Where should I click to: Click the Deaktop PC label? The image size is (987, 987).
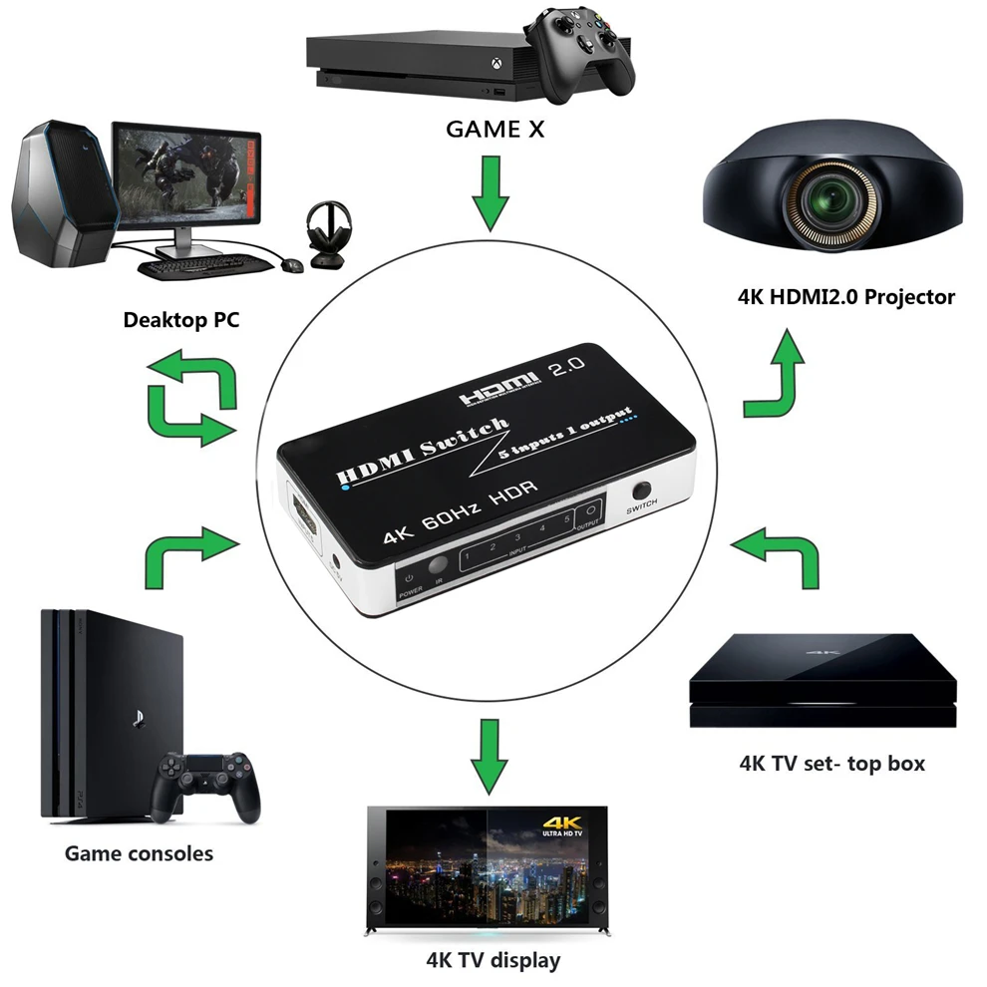180,320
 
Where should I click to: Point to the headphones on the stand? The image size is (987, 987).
328,234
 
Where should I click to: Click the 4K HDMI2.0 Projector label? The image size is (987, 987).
846,296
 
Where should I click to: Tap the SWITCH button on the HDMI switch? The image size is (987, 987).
641,492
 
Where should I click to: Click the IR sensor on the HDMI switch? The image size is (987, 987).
437,565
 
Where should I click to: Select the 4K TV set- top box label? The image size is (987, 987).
831,764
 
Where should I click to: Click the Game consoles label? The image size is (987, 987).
139,853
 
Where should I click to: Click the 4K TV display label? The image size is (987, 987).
493,961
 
